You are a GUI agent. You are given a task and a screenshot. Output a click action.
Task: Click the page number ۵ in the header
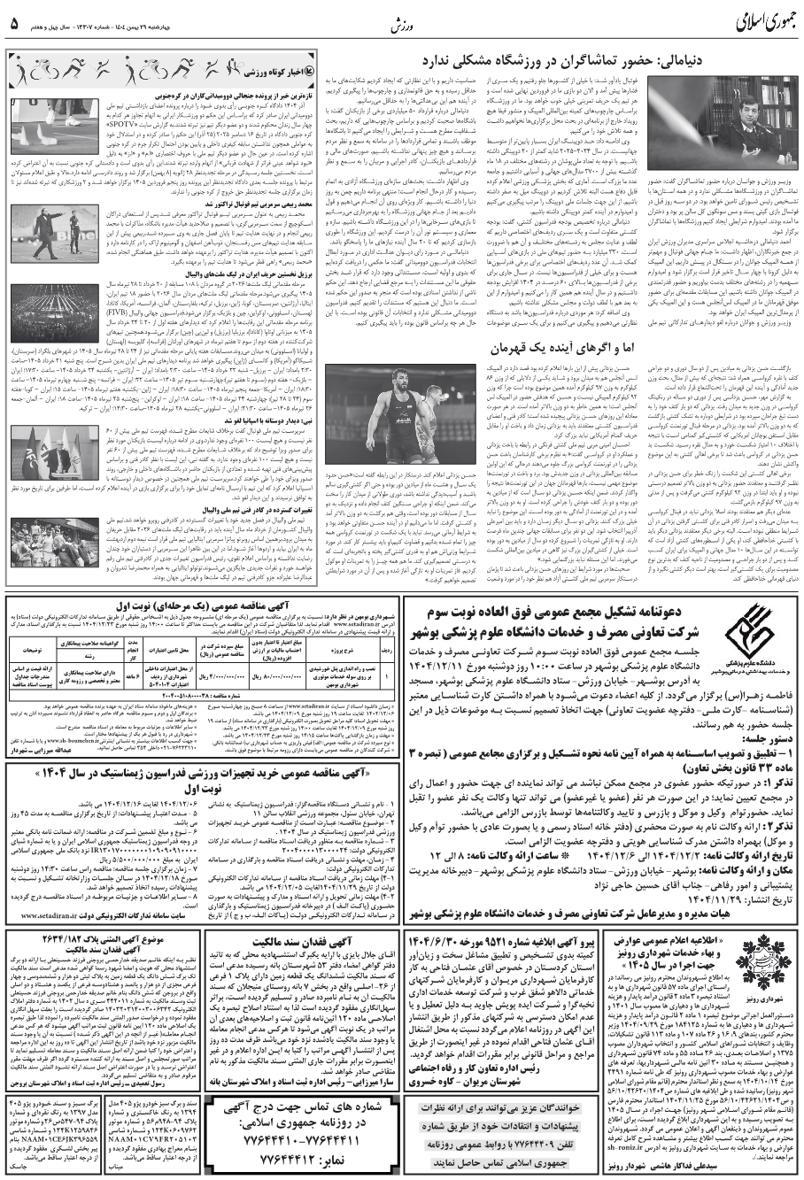(14, 22)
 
